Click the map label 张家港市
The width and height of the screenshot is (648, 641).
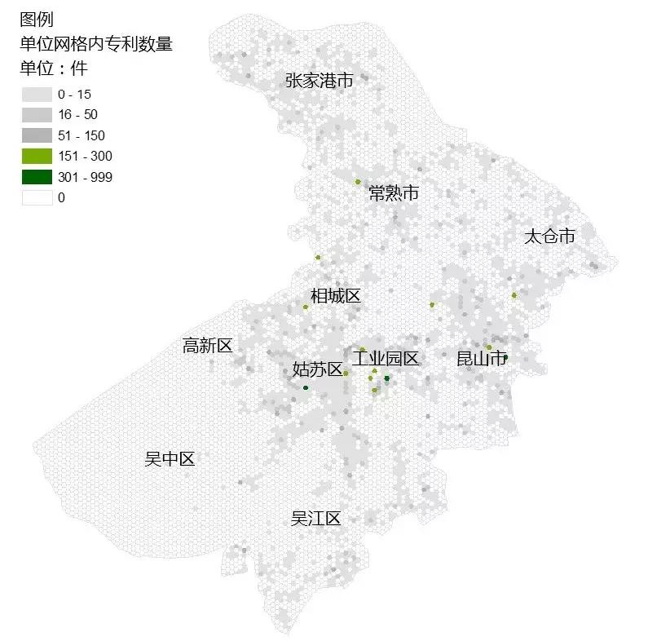point(319,81)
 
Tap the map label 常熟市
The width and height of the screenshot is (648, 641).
point(394,193)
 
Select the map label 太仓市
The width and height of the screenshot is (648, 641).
point(549,237)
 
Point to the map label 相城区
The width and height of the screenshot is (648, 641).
point(335,295)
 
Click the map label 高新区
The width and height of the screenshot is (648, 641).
point(208,346)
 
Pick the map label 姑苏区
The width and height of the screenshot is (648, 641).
point(317,369)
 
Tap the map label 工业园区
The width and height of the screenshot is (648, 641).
point(386,358)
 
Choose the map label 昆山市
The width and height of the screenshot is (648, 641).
point(482,358)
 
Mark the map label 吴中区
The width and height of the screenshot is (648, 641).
point(170,459)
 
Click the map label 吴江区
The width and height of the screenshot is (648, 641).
point(315,519)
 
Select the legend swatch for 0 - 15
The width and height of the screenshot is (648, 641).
point(37,95)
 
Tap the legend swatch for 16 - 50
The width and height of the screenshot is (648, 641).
point(37,115)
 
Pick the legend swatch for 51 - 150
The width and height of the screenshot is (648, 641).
point(37,135)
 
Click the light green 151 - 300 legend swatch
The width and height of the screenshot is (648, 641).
point(37,156)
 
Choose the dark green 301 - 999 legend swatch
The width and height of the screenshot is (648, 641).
point(37,177)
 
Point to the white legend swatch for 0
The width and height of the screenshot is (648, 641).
point(37,197)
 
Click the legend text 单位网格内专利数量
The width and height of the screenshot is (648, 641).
point(96,44)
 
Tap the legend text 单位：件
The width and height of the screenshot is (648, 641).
point(53,69)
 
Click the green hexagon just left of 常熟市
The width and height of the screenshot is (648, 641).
point(357,182)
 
